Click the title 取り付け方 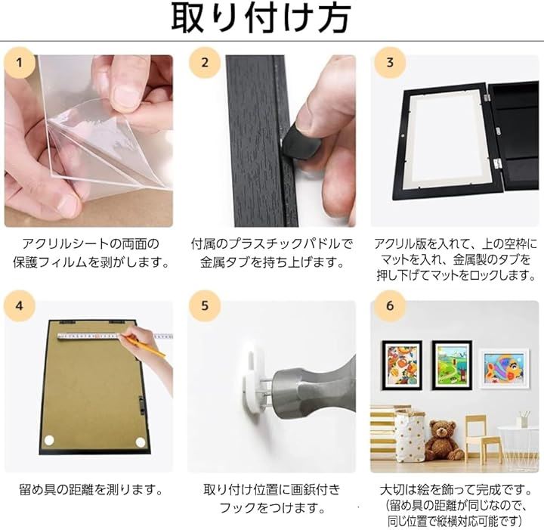(x=261, y=18)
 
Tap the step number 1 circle (x=20, y=63)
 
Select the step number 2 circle (x=205, y=63)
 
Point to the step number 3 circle (x=390, y=63)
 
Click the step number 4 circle (x=20, y=305)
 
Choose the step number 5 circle (x=205, y=305)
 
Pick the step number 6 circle (x=390, y=305)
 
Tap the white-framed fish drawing (x=504, y=369)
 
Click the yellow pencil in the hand (x=145, y=346)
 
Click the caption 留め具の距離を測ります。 (x=91, y=490)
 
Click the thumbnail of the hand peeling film (x=89, y=141)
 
